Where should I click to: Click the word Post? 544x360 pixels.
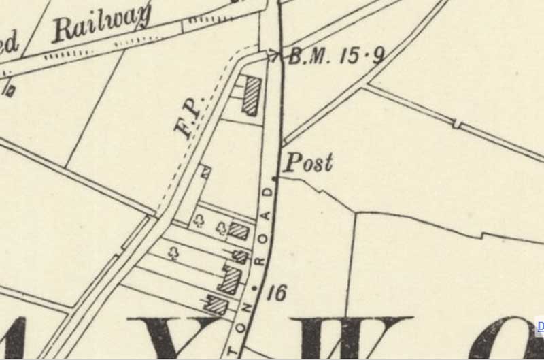[x=308, y=163]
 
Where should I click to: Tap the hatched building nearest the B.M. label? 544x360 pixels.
[x=252, y=95]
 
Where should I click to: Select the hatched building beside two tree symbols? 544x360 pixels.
[x=238, y=231]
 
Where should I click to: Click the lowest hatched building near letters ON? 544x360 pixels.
[x=216, y=306]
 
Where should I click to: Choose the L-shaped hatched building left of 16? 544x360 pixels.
[x=231, y=278]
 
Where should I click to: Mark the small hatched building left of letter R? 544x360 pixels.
[x=240, y=257]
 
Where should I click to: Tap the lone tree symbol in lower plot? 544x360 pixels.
[x=175, y=254]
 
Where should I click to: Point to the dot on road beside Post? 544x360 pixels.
[x=275, y=178]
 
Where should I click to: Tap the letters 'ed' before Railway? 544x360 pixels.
[x=10, y=46]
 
